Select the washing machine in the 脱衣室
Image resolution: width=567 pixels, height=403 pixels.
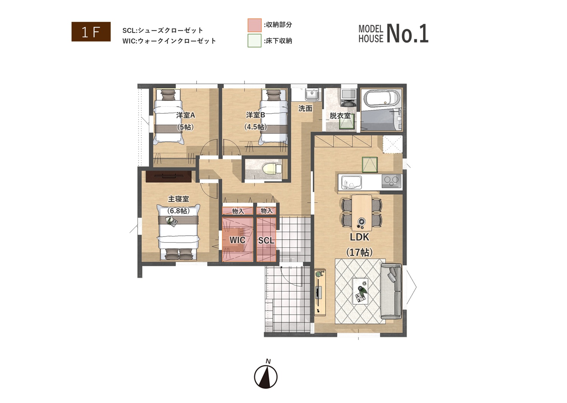pos(348,98)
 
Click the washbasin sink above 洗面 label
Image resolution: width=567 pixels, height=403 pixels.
pos(313,95)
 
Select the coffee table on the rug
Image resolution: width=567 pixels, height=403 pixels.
pos(360,291)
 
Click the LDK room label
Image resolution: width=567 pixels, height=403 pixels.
pos(359,237)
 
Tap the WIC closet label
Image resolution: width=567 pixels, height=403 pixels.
pos(237,240)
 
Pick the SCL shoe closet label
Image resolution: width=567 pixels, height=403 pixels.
pos(266,240)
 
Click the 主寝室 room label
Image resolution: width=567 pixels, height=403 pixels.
pos(178,199)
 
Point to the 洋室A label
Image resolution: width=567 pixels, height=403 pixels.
pos(186,116)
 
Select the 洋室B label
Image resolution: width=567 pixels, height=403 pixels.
pos(256,115)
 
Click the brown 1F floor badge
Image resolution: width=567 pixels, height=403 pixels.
pos(91,32)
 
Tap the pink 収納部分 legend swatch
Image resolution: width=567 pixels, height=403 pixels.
pos(254,25)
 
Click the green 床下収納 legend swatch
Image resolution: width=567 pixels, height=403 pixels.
pos(254,41)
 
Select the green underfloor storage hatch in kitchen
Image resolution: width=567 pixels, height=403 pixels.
pos(370,165)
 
